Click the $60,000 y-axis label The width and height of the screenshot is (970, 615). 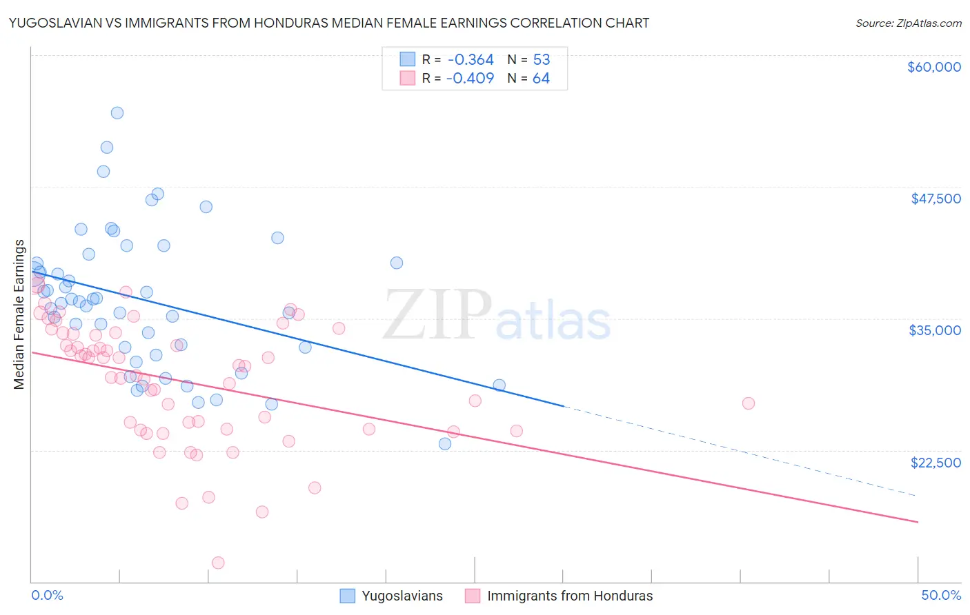(x=933, y=67)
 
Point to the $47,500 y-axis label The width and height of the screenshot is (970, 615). (x=936, y=199)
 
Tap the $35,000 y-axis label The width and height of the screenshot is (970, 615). (x=935, y=330)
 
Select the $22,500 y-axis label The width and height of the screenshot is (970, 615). (x=936, y=463)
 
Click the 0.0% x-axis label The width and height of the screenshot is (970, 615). (x=47, y=595)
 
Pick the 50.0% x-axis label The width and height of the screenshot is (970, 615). (x=941, y=595)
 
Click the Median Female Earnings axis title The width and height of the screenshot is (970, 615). (x=19, y=314)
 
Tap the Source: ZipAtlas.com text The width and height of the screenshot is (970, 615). (x=908, y=23)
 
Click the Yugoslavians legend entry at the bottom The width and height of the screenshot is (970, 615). (x=402, y=596)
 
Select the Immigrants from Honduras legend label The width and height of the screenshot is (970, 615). (x=570, y=596)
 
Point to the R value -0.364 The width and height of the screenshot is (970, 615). (x=470, y=60)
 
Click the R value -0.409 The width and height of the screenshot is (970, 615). (x=470, y=79)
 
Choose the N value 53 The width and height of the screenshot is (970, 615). (x=541, y=60)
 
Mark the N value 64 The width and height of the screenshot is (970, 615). (x=541, y=79)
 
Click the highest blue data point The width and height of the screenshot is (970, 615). (x=117, y=113)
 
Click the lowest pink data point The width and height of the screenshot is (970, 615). (x=218, y=563)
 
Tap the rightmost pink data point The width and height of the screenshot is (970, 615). (x=749, y=403)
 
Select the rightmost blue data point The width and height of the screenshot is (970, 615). (x=499, y=385)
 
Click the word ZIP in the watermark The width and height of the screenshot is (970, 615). (x=437, y=315)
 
